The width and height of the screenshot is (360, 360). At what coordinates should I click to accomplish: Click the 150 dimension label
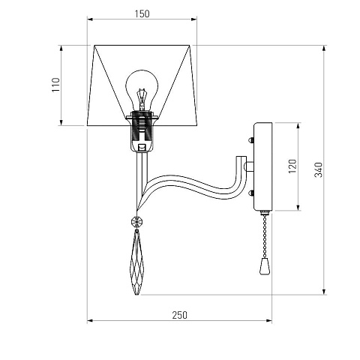142,13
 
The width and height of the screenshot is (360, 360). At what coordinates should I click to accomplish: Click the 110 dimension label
56,85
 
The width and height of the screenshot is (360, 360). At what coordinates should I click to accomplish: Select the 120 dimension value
292,166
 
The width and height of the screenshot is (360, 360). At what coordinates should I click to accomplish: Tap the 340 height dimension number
318,169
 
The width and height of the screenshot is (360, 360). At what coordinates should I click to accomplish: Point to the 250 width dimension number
179,315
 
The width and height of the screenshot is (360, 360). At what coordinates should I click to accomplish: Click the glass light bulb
142,90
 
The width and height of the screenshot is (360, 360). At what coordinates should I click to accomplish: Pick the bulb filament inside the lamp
142,99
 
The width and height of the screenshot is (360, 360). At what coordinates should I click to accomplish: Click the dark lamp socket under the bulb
142,131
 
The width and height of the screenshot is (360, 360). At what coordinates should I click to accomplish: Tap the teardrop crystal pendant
136,262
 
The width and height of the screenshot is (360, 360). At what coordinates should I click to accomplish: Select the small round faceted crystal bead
136,221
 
